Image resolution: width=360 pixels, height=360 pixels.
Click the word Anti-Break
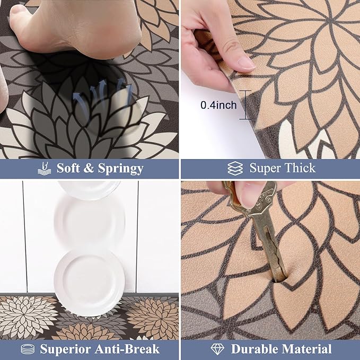point(127,349)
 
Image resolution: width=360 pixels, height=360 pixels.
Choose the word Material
point(309,349)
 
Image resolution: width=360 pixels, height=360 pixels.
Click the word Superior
point(70,349)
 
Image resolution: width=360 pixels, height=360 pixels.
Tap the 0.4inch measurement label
point(218,106)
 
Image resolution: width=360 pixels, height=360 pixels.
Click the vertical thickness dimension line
point(245,104)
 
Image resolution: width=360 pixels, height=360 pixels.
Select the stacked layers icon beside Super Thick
point(235,169)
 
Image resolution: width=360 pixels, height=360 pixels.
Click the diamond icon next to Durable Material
point(218,349)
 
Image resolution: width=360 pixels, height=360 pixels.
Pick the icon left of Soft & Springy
point(45,169)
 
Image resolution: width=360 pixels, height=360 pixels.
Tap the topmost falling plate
point(90,189)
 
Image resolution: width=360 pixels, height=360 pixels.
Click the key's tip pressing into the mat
point(277,273)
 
